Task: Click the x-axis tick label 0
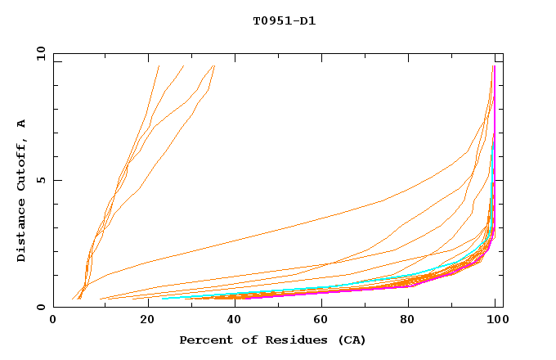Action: coord(53,321)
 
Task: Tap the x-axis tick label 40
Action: coord(231,321)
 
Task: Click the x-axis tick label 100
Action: coord(495,321)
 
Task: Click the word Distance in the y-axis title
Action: coord(22,232)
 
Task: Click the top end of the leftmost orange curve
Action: coord(159,65)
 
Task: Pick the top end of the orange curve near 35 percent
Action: coord(214,65)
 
